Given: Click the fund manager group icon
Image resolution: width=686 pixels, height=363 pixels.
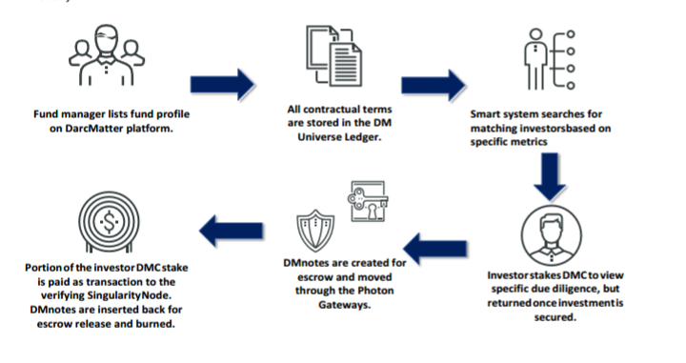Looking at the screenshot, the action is (x=107, y=55).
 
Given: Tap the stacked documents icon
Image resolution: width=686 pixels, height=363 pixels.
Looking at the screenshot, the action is (x=333, y=55).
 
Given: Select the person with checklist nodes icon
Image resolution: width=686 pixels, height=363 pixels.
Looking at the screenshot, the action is (x=550, y=59).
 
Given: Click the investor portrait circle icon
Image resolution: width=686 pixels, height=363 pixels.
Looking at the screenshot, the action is (x=552, y=235).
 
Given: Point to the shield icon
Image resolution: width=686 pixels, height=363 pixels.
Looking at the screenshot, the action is (x=315, y=231).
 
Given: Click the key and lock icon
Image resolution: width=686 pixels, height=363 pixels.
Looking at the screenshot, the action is (x=368, y=201).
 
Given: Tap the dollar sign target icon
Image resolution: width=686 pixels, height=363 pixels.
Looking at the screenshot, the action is (x=109, y=222).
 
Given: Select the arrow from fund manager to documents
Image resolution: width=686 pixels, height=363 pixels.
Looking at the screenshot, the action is (x=222, y=84).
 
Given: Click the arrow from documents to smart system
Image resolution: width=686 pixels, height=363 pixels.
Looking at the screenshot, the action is (x=434, y=85).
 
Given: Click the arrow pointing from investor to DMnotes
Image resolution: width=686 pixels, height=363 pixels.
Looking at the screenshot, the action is (x=435, y=249).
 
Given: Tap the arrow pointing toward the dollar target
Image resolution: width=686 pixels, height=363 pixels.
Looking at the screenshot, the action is (x=231, y=231).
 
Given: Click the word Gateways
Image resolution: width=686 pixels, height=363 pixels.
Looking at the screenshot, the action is (x=344, y=305).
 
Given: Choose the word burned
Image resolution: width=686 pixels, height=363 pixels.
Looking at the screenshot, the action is (x=157, y=324).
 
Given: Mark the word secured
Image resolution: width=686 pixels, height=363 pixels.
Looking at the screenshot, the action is (x=555, y=317).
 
